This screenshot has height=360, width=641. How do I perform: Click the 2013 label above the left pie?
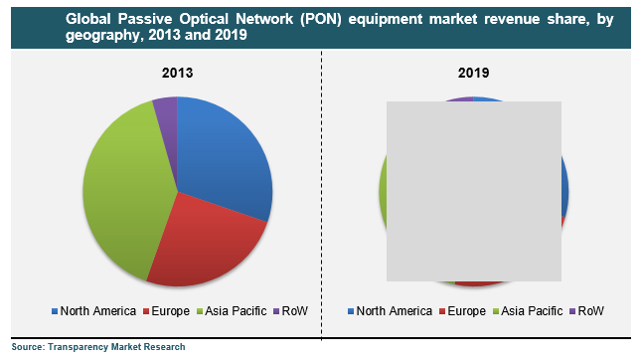[177, 74]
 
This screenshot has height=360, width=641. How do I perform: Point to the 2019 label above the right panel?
[473, 74]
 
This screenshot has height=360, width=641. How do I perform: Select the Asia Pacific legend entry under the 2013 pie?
[232, 311]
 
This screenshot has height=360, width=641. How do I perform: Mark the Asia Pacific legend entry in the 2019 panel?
[528, 311]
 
